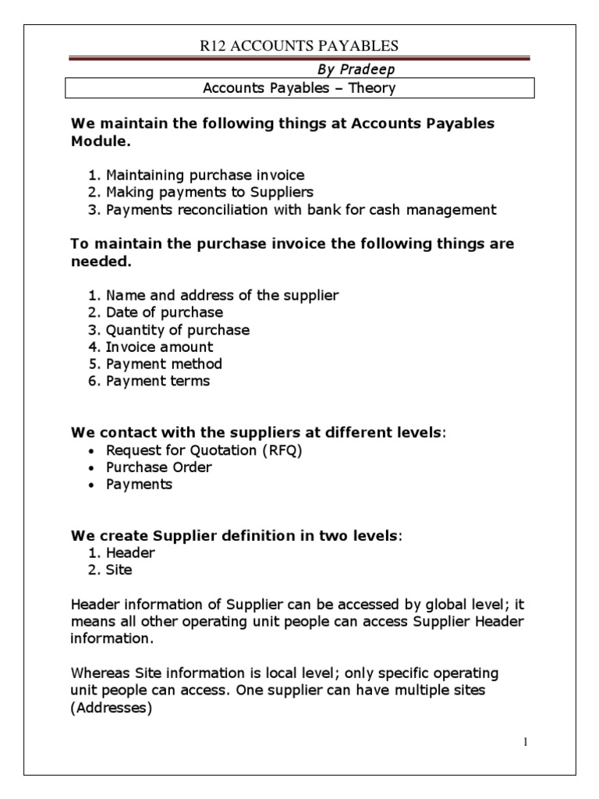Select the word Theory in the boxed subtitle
tap(372, 88)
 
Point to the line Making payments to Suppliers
tap(209, 192)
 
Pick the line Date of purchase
tap(164, 313)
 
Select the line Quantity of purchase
tap(177, 330)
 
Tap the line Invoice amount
tap(159, 347)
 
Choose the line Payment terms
tap(158, 382)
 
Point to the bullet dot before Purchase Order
tap(93, 468)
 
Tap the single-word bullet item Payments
tap(139, 485)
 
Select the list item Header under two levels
tap(130, 552)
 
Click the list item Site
tap(119, 570)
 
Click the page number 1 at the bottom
tap(526, 742)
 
